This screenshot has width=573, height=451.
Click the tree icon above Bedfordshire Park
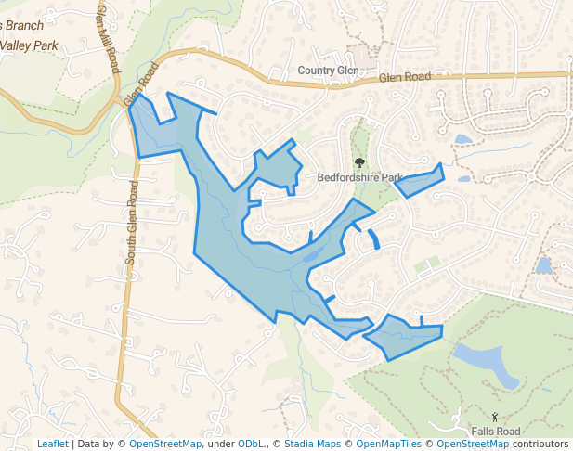[x=359, y=162]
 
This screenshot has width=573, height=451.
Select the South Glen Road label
[x=132, y=223]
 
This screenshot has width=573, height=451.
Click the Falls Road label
[x=495, y=432]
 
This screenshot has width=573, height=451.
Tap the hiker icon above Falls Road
[x=495, y=417]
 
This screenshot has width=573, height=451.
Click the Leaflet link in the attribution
[x=52, y=444]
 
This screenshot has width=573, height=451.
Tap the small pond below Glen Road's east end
[x=462, y=140]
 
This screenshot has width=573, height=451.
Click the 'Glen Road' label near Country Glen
[x=406, y=80]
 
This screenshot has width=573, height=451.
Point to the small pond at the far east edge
[x=543, y=266]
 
